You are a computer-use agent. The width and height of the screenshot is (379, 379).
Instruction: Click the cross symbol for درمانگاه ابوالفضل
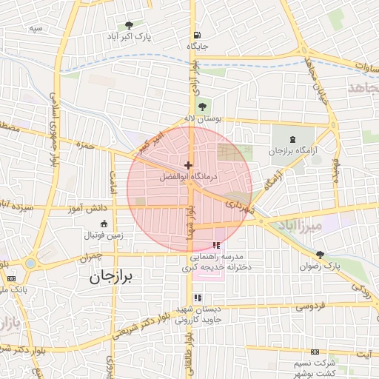pyautogui.click(x=189, y=165)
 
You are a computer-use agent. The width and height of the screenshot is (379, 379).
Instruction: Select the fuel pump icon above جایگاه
pyautogui.click(x=196, y=34)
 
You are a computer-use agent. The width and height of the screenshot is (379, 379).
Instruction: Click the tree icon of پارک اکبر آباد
pyautogui.click(x=130, y=25)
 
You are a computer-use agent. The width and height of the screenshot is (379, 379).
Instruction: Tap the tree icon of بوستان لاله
pyautogui.click(x=203, y=107)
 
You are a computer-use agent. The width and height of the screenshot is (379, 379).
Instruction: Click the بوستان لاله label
pyautogui.click(x=204, y=118)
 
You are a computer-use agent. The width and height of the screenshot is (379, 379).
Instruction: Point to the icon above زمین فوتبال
pyautogui.click(x=103, y=225)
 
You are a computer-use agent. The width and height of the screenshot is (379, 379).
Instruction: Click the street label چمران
pyautogui.click(x=88, y=257)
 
